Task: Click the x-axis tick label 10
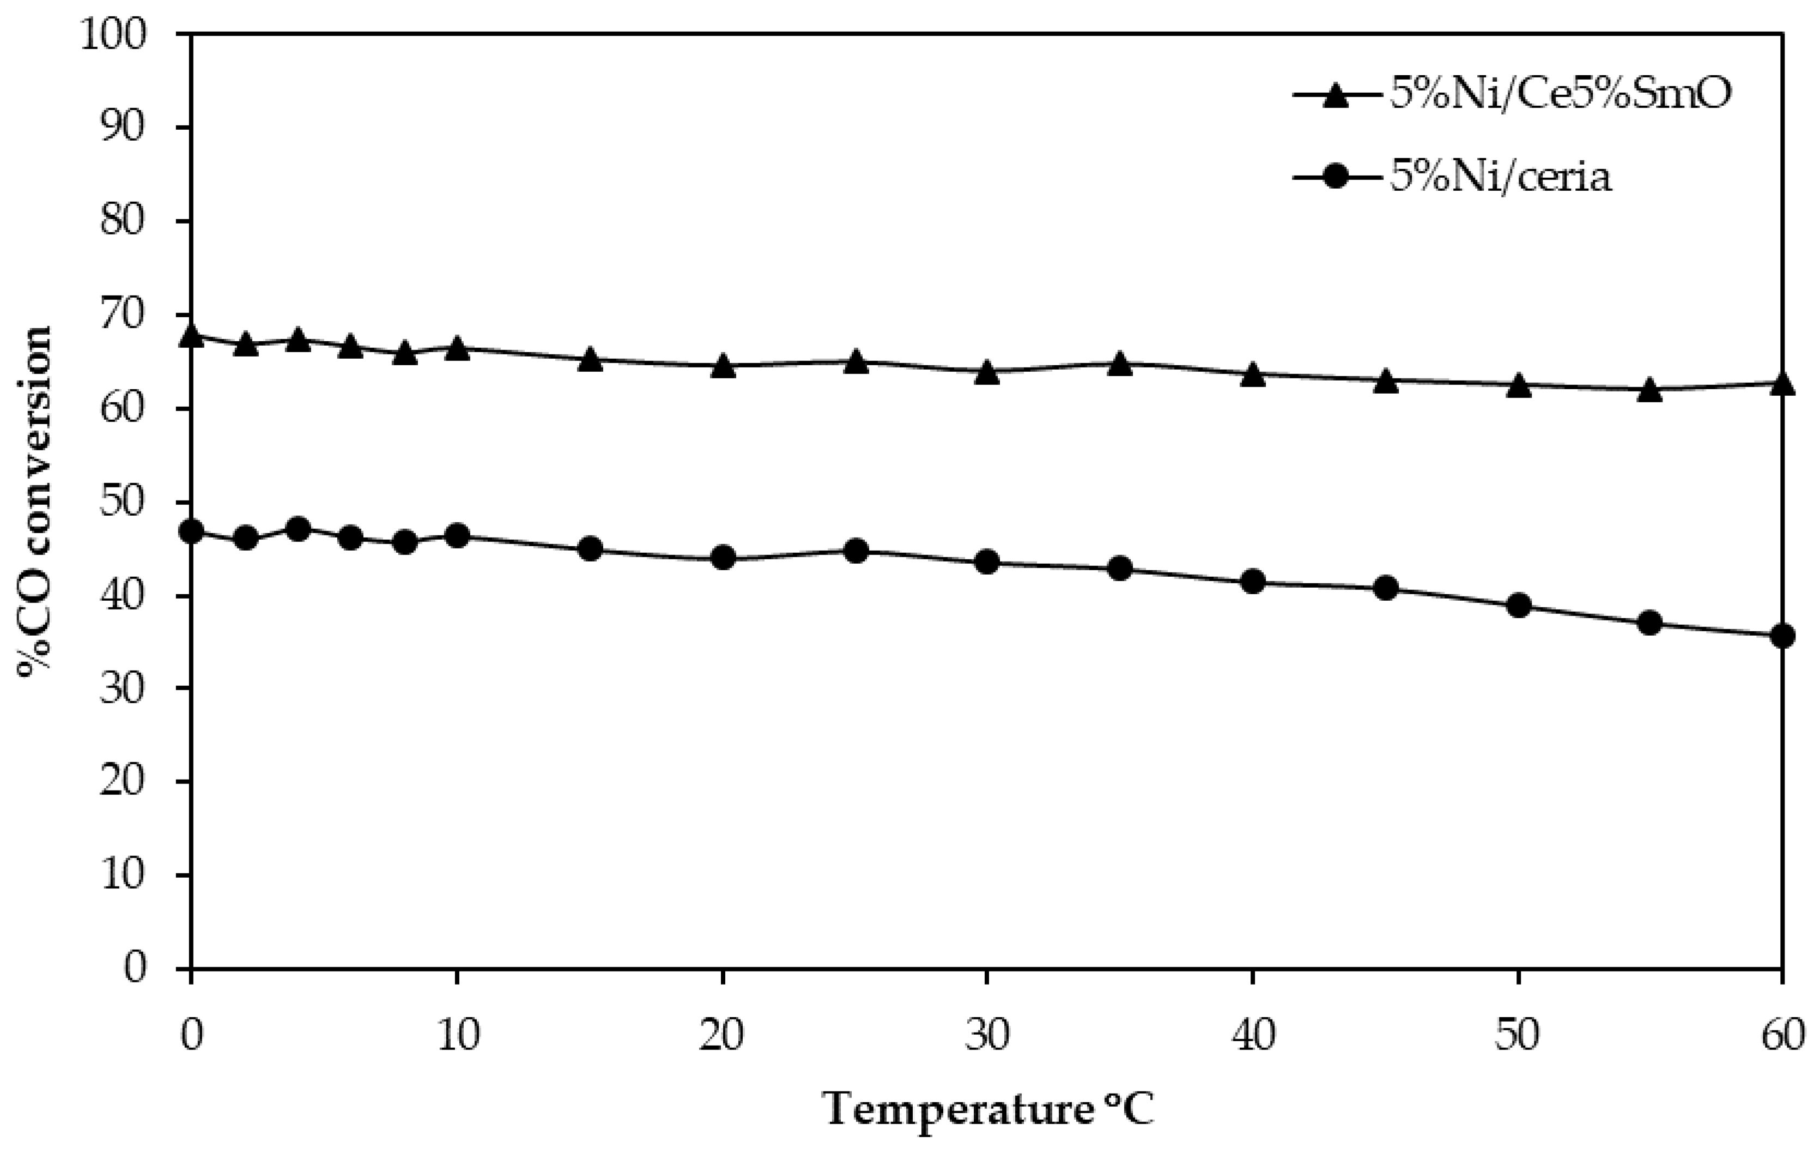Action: point(457,1036)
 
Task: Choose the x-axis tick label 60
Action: point(1782,1036)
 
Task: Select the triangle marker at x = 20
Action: point(723,366)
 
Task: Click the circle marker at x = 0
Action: point(191,531)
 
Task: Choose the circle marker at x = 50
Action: point(1518,606)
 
